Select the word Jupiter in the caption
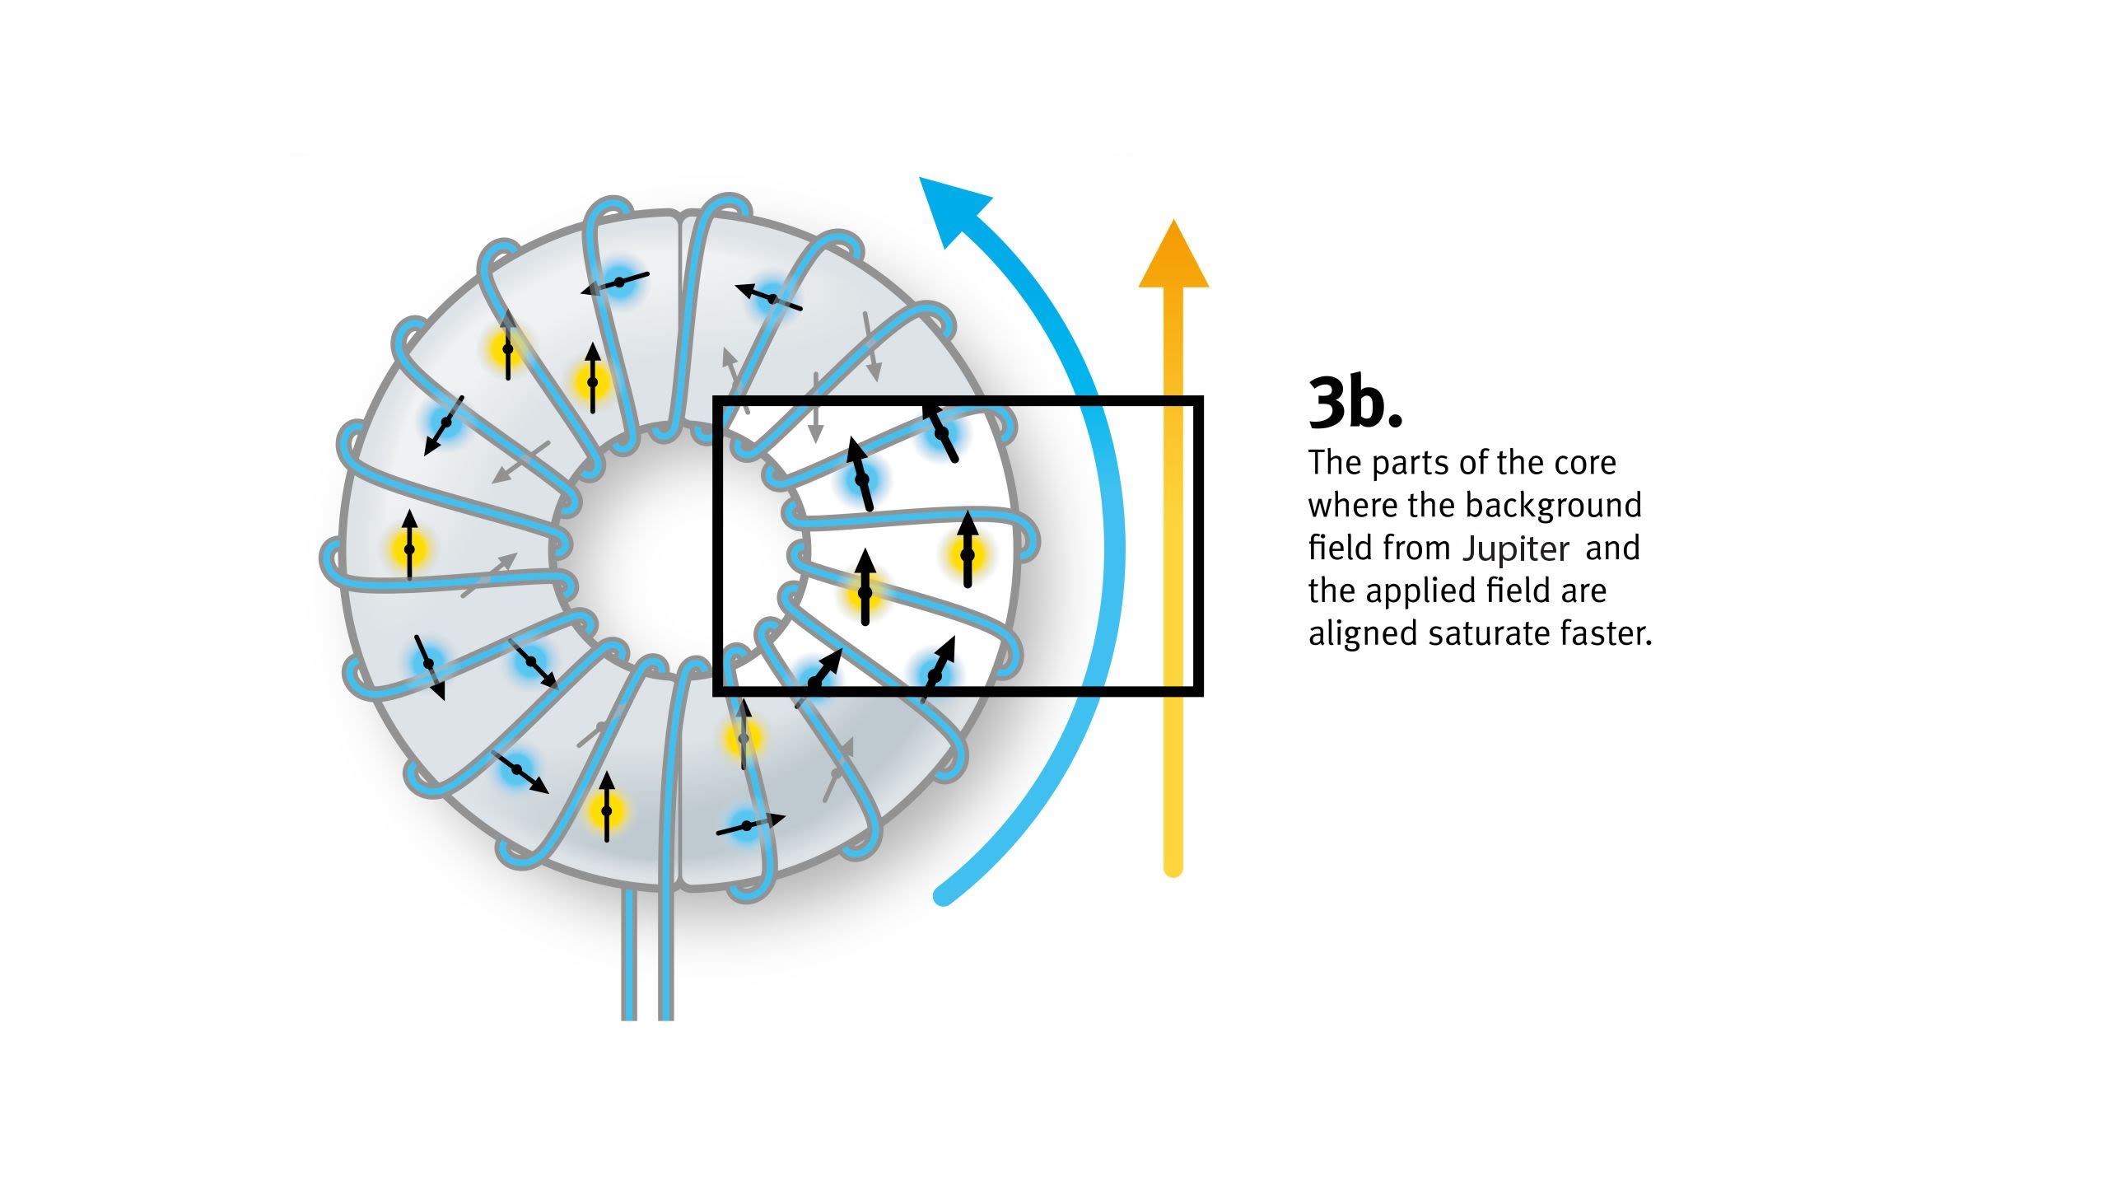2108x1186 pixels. (1516, 549)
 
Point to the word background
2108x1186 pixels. (1557, 505)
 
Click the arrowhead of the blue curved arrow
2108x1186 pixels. (951, 206)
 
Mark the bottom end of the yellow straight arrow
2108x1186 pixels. (1173, 868)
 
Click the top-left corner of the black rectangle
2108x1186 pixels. (716, 400)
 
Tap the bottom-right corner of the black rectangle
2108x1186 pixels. (1200, 692)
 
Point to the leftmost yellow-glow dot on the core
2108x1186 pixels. (409, 549)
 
